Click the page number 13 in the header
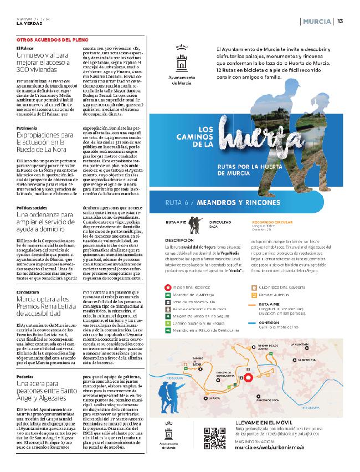(341, 22)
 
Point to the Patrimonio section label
(27, 127)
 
